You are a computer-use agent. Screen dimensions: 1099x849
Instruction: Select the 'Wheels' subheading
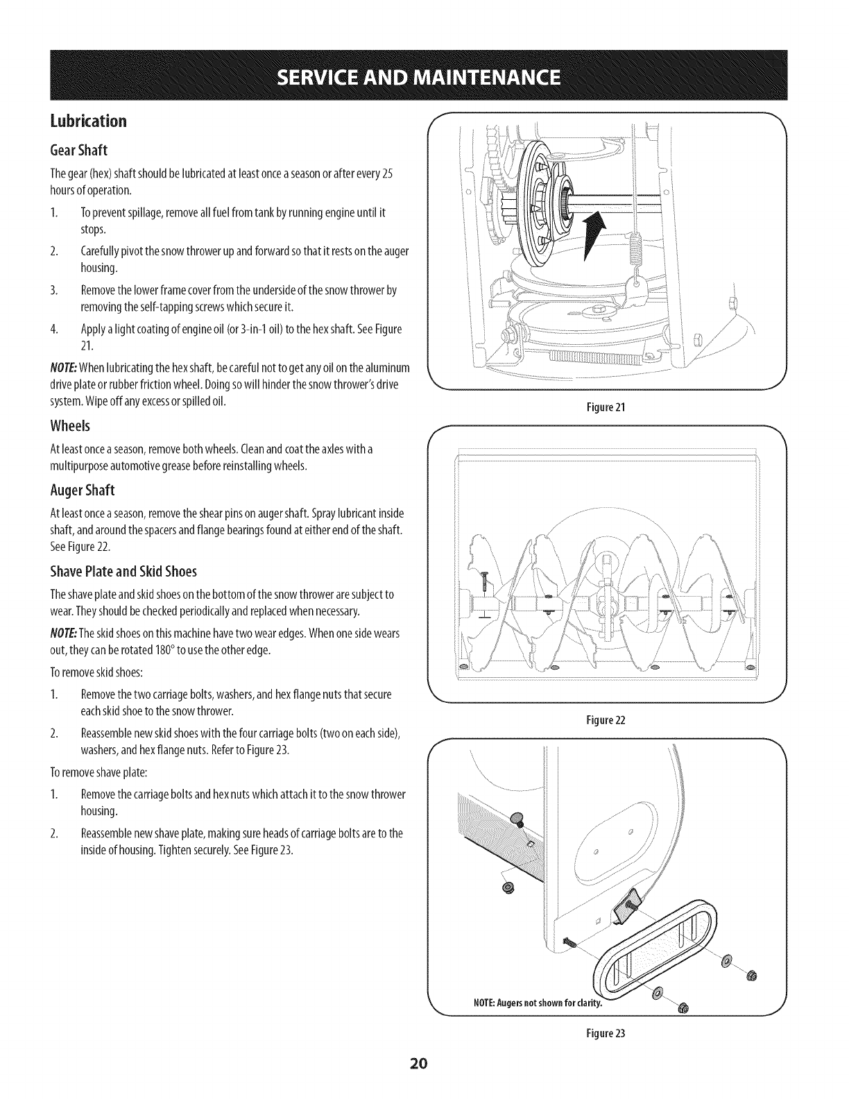pyautogui.click(x=71, y=425)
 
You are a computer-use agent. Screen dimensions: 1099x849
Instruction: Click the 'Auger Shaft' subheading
pyautogui.click(x=83, y=491)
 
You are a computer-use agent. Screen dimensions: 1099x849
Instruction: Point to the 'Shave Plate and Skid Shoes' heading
pyautogui.click(x=123, y=572)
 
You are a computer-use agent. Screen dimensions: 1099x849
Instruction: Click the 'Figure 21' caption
pyautogui.click(x=607, y=407)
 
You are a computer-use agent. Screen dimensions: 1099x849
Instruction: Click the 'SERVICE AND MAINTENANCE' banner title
pyautogui.click(x=425, y=75)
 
